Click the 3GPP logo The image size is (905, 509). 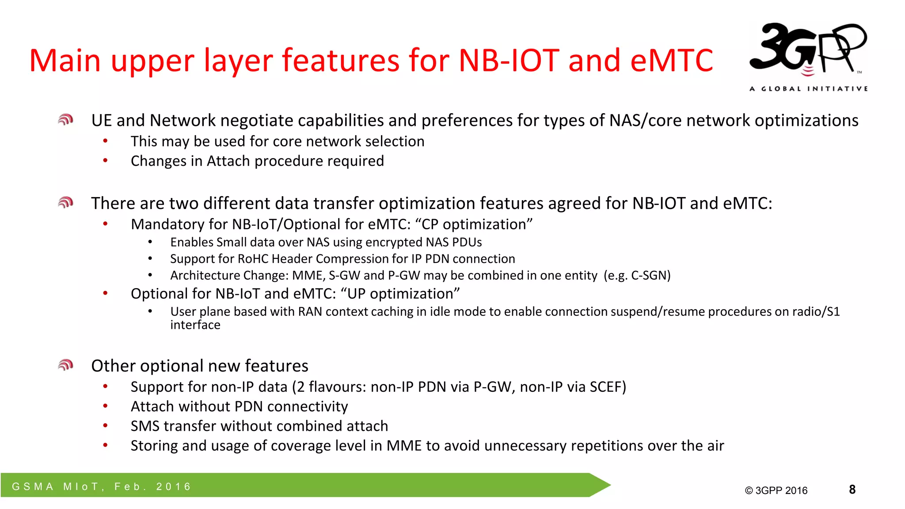tap(808, 49)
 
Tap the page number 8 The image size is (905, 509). tap(852, 490)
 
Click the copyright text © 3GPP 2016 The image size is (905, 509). tap(776, 490)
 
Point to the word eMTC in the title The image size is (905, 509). tap(672, 60)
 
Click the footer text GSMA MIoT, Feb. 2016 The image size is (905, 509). tap(102, 486)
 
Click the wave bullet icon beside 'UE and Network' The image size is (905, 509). tap(65, 120)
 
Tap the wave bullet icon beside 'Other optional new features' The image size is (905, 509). tap(65, 365)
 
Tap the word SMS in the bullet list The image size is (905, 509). tap(145, 426)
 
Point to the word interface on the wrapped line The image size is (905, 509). tap(195, 325)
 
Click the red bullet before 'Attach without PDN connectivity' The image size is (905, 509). tap(105, 406)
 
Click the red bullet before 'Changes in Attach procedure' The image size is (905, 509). tap(105, 160)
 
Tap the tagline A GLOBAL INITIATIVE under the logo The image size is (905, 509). tap(808, 89)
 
